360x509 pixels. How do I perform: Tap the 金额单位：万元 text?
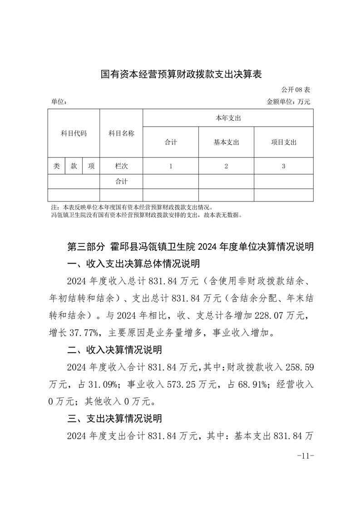(x=288, y=102)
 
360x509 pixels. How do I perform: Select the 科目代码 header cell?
(x=74, y=133)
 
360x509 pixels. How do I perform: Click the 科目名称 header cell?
(x=121, y=133)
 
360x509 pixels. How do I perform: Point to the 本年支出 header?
(x=227, y=118)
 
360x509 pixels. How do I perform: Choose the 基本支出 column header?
(x=226, y=142)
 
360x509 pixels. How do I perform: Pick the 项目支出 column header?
(x=283, y=142)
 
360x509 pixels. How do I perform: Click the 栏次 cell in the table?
(x=121, y=166)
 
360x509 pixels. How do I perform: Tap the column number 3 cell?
(x=283, y=166)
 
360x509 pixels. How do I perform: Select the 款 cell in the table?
(x=74, y=166)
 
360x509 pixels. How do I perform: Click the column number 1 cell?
(x=171, y=166)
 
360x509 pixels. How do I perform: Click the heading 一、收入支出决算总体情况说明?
(x=133, y=264)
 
